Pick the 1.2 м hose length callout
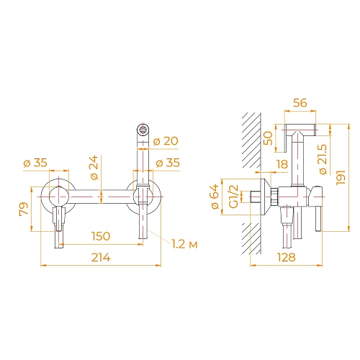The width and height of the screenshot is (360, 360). [184, 245]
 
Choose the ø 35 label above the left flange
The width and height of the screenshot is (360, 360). [35, 163]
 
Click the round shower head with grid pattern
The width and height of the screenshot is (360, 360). [143, 130]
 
